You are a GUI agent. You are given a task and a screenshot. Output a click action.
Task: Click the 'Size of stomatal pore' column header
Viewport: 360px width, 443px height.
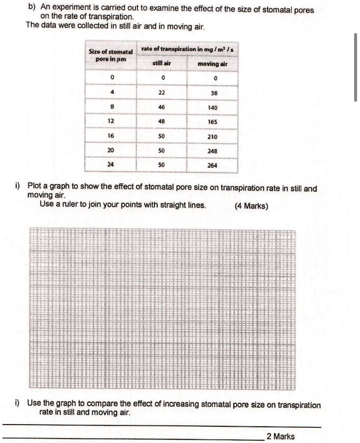click(111, 56)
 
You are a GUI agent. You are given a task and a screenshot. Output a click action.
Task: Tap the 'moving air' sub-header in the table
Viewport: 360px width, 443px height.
click(213, 64)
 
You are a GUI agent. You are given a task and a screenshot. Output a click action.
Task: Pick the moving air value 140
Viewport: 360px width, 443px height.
click(213, 108)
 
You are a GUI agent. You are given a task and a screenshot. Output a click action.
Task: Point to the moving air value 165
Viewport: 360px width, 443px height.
click(213, 122)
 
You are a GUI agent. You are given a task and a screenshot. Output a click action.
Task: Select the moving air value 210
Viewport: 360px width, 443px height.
click(213, 136)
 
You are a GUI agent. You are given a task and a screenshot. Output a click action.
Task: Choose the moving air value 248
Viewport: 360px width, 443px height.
click(213, 151)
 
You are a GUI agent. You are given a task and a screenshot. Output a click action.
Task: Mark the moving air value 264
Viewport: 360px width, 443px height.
click(213, 165)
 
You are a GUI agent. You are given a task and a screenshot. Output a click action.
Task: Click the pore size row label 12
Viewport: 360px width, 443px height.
click(111, 122)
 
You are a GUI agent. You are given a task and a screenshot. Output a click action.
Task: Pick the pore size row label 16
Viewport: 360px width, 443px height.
click(111, 136)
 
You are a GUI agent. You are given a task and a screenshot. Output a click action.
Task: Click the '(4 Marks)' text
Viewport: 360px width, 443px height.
click(251, 206)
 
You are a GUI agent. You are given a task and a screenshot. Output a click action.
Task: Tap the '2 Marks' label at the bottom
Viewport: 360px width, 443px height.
click(280, 436)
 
